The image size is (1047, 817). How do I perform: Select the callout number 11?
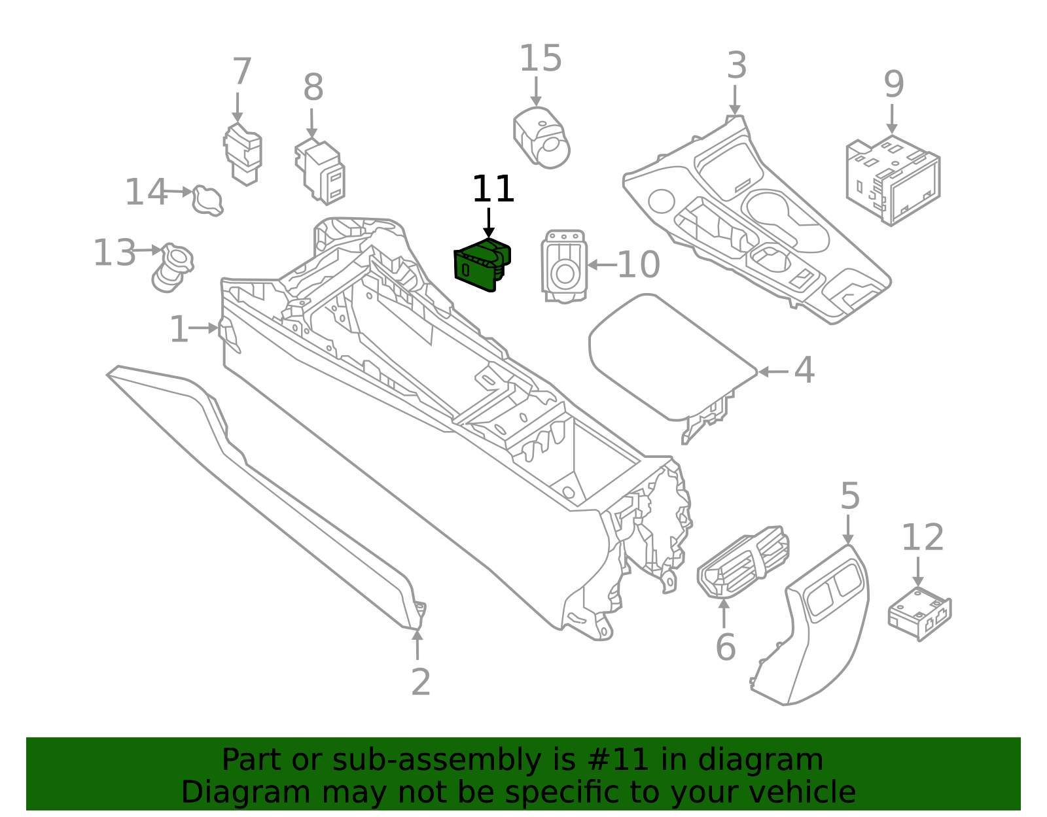(493, 190)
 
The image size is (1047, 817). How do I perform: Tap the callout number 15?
(540, 59)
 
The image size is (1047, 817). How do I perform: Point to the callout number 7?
(241, 72)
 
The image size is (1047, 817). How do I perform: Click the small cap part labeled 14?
(207, 200)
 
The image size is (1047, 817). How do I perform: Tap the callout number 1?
(179, 329)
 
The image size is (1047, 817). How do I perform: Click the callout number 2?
(421, 682)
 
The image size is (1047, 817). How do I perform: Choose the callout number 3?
(737, 66)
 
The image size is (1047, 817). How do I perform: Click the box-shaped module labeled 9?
(893, 179)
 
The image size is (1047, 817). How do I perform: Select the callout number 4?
(804, 370)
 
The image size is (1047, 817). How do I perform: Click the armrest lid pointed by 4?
(667, 356)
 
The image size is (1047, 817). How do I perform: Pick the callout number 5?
(849, 496)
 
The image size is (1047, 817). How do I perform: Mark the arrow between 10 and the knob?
(601, 265)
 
